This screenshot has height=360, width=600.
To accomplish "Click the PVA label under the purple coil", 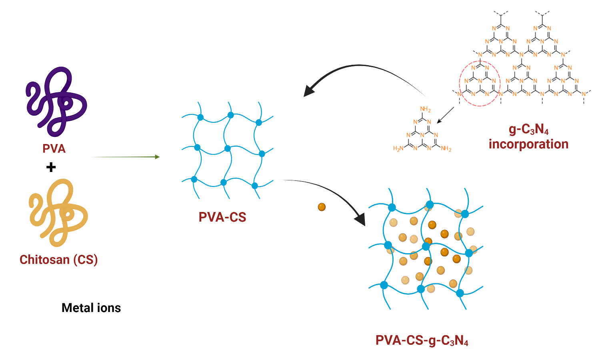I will pyautogui.click(x=54, y=149).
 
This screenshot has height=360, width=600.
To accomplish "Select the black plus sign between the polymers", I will pyautogui.click(x=51, y=167).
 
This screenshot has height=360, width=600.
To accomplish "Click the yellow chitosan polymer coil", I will pyautogui.click(x=58, y=212).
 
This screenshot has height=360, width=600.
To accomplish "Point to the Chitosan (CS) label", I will pyautogui.click(x=59, y=260).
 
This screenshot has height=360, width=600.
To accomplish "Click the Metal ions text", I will pyautogui.click(x=91, y=308).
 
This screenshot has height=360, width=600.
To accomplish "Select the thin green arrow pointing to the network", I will pyautogui.click(x=126, y=157).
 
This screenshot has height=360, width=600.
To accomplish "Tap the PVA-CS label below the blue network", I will pyautogui.click(x=222, y=217).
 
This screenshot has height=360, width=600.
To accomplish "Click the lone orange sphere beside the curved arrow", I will pyautogui.click(x=322, y=207).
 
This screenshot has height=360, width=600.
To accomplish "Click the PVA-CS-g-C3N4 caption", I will pyautogui.click(x=422, y=340).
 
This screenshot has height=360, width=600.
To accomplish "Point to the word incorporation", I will pyautogui.click(x=528, y=144).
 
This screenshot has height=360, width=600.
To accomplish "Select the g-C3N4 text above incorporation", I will pyautogui.click(x=528, y=129).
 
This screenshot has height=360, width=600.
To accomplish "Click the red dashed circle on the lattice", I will pyautogui.click(x=480, y=83).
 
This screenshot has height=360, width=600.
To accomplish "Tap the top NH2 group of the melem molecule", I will pyautogui.click(x=425, y=109).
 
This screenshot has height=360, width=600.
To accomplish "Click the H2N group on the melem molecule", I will pyautogui.click(x=398, y=148).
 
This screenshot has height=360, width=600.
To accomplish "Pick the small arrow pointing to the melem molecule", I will pyautogui.click(x=446, y=115).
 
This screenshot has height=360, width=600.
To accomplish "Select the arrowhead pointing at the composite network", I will pyautogui.click(x=360, y=220).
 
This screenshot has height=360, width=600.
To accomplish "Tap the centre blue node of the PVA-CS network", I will pyautogui.click(x=228, y=148).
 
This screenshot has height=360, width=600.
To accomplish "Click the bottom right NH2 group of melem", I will pyautogui.click(x=446, y=149).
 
